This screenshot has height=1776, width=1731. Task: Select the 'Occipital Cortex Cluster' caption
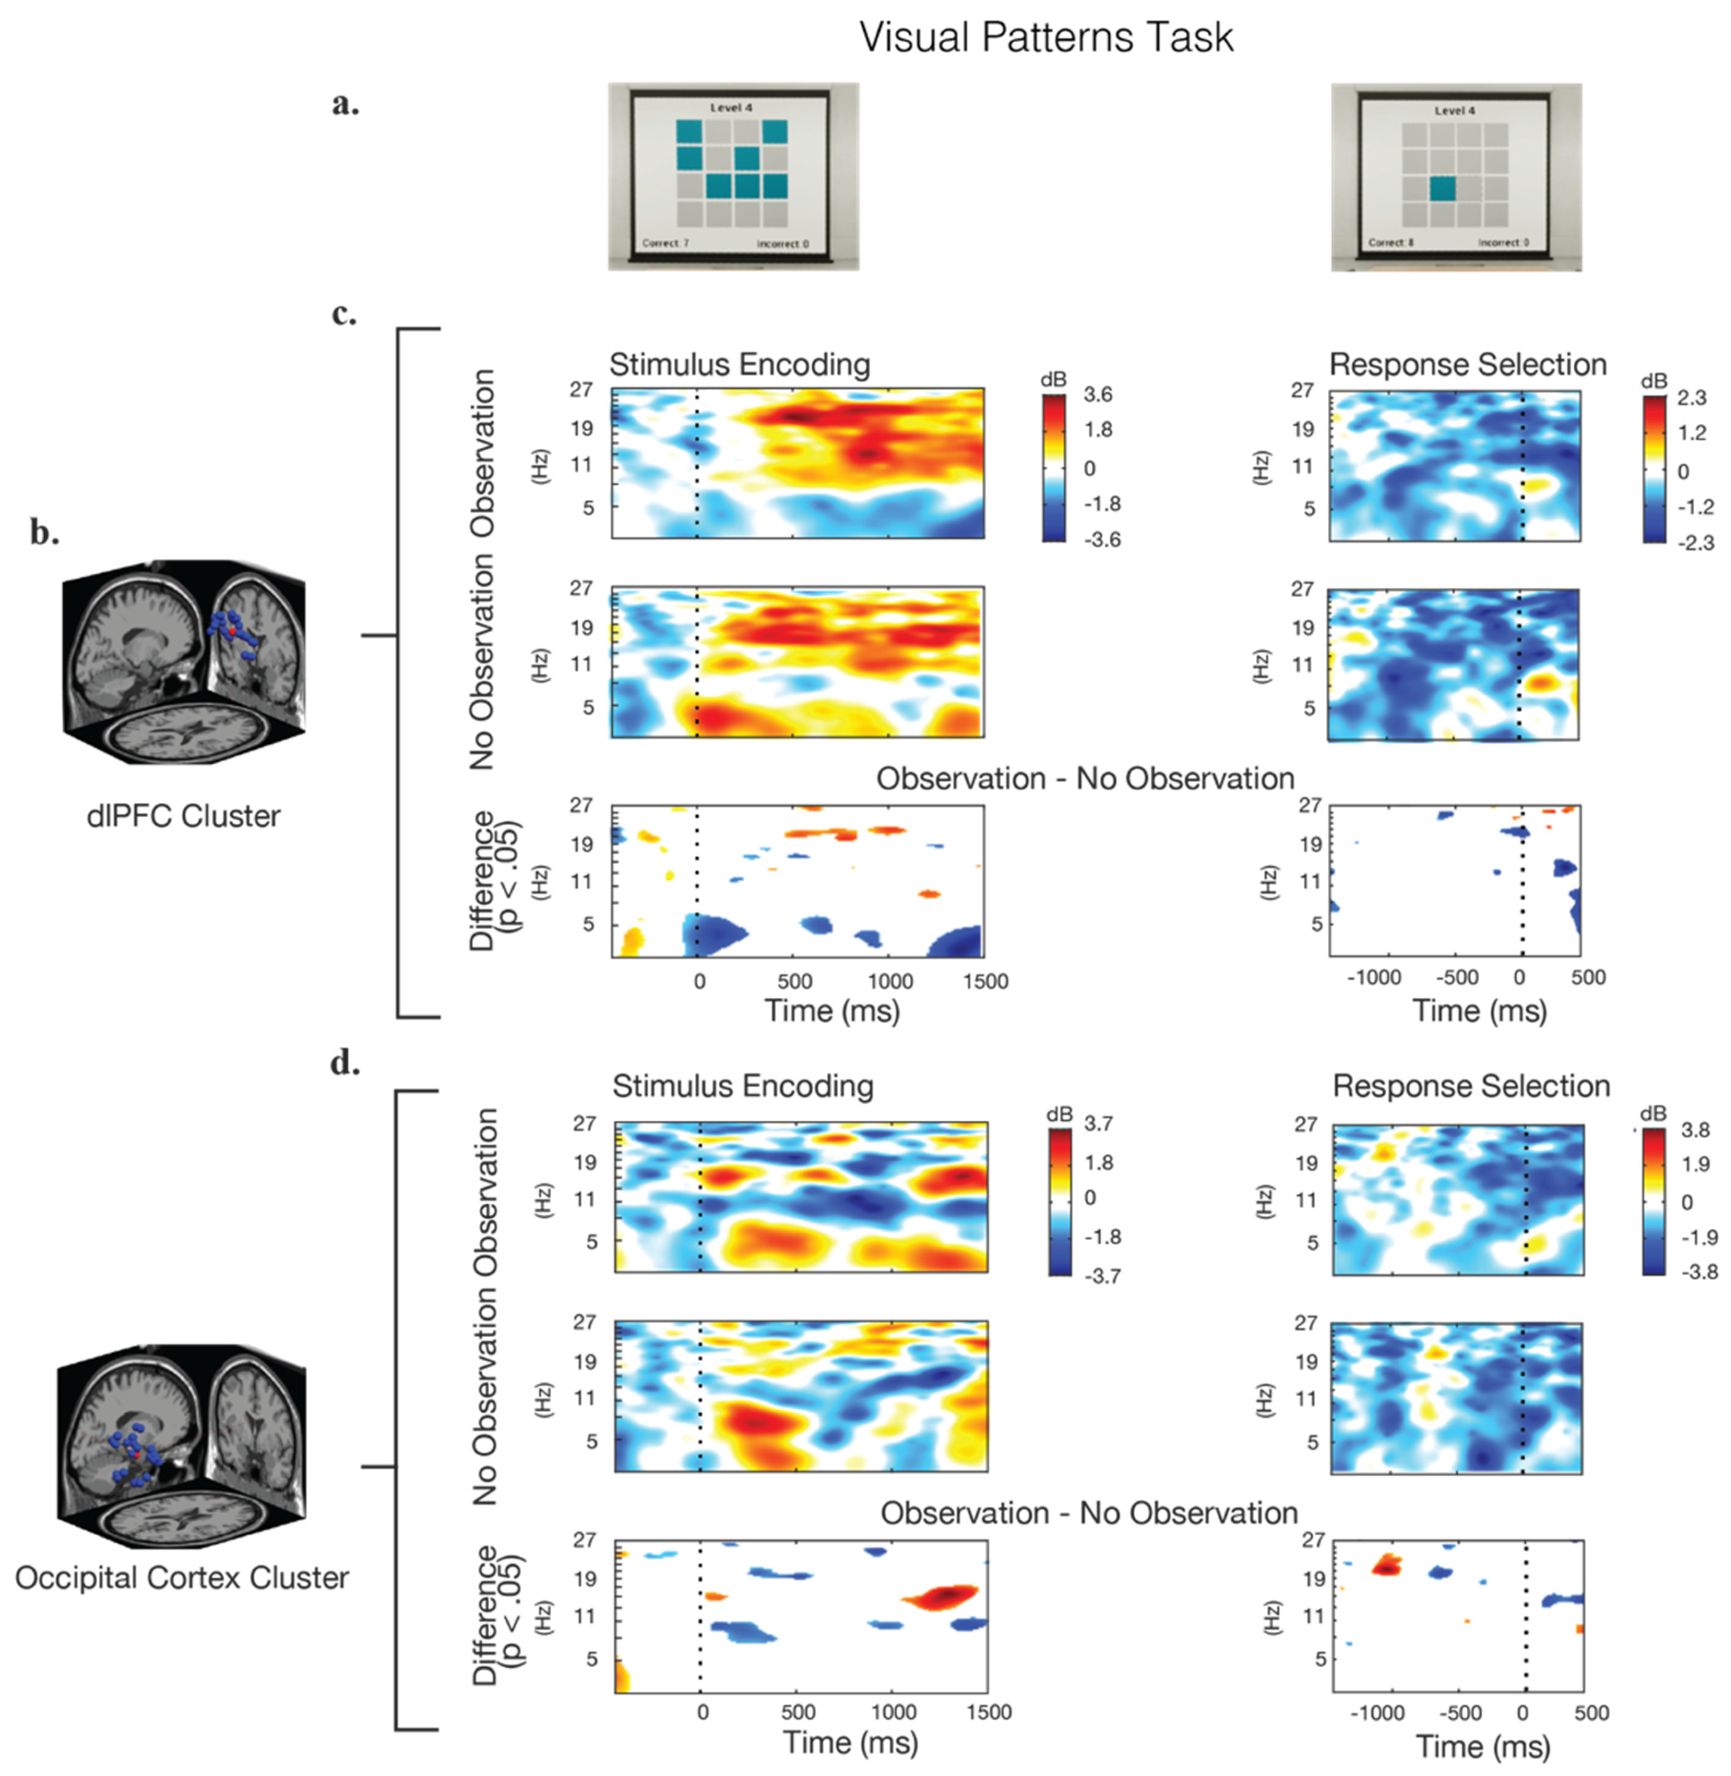click(182, 1577)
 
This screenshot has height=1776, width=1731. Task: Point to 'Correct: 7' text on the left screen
click(665, 244)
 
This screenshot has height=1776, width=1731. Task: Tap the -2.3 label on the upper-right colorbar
click(1696, 544)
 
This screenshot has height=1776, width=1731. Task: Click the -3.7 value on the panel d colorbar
click(1102, 1276)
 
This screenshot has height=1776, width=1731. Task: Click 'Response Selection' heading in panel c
click(1468, 364)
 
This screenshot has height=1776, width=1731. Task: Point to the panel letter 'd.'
click(345, 1062)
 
